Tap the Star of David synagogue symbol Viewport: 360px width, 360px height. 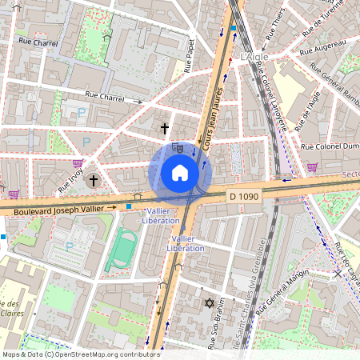tap(210, 303)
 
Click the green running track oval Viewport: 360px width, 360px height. tap(122, 250)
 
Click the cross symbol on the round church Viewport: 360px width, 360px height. tap(93, 182)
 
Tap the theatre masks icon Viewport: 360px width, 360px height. tap(178, 147)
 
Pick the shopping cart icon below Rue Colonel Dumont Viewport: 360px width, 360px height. tap(312, 167)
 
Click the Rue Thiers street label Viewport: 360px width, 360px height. tap(274, 29)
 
